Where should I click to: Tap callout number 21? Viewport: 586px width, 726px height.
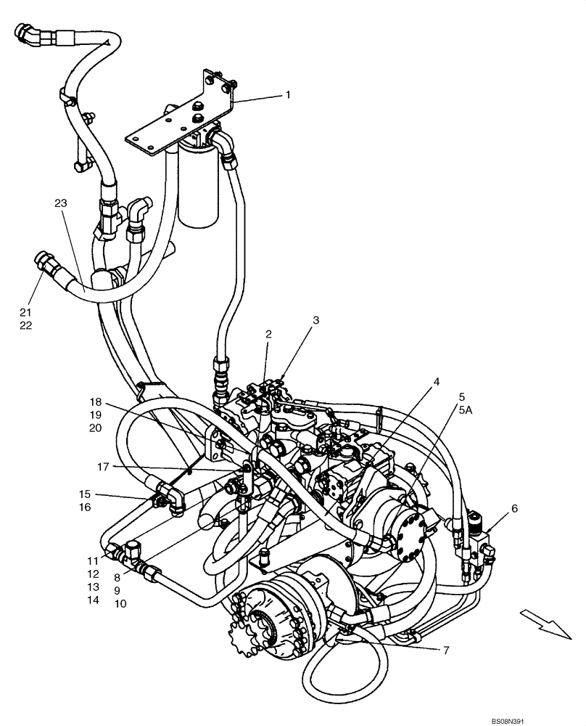pos(26,311)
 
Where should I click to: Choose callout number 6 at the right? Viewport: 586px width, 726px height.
pos(514,509)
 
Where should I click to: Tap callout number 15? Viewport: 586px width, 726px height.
pos(85,494)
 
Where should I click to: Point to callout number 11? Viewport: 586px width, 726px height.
pos(92,560)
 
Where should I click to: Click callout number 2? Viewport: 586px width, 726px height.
pos(268,335)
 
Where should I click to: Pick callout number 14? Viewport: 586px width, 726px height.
pos(92,600)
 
